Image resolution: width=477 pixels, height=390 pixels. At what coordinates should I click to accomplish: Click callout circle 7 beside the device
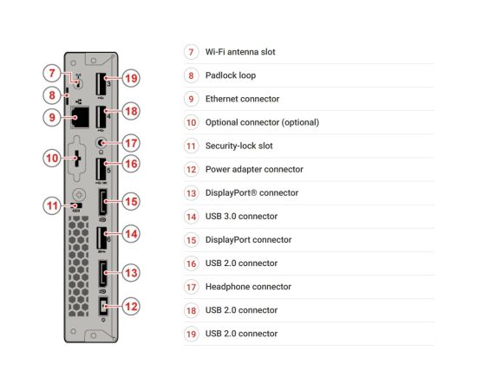pyautogui.click(x=52, y=73)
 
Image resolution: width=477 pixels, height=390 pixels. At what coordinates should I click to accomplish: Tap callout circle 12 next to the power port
pyautogui.click(x=131, y=306)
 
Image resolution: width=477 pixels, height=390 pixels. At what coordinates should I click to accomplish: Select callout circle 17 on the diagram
pyautogui.click(x=131, y=143)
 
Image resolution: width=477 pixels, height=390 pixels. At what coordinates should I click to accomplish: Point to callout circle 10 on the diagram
pyautogui.click(x=52, y=158)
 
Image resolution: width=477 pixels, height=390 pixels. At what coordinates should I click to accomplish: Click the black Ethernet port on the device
pyautogui.click(x=80, y=117)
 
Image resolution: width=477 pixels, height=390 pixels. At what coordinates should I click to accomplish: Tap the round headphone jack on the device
pyautogui.click(x=101, y=142)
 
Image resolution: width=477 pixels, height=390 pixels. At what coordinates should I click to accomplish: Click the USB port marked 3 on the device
pyautogui.click(x=101, y=84)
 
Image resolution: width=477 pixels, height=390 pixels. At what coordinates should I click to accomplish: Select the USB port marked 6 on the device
pyautogui.click(x=101, y=238)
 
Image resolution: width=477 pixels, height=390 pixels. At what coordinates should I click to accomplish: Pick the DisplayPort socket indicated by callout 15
pyautogui.click(x=102, y=202)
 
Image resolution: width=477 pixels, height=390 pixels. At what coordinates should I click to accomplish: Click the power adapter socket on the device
pyautogui.click(x=103, y=307)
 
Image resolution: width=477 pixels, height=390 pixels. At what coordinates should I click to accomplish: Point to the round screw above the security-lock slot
pyautogui.click(x=79, y=194)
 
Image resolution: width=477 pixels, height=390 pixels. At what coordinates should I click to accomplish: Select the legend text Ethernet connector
pyautogui.click(x=242, y=99)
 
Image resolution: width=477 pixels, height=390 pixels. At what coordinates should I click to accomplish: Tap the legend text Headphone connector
pyautogui.click(x=248, y=286)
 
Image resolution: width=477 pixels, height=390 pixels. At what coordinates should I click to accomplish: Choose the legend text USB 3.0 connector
pyautogui.click(x=241, y=216)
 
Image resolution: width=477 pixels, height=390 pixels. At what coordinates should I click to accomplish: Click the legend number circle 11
pyautogui.click(x=191, y=146)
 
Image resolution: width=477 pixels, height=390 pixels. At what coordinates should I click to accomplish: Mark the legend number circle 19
pyautogui.click(x=191, y=334)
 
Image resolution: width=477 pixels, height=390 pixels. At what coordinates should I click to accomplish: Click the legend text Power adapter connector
pyautogui.click(x=254, y=169)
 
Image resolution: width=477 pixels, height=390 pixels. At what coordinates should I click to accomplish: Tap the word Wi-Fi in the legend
pyautogui.click(x=215, y=52)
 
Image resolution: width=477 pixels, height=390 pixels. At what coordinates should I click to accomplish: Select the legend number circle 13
pyautogui.click(x=191, y=193)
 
